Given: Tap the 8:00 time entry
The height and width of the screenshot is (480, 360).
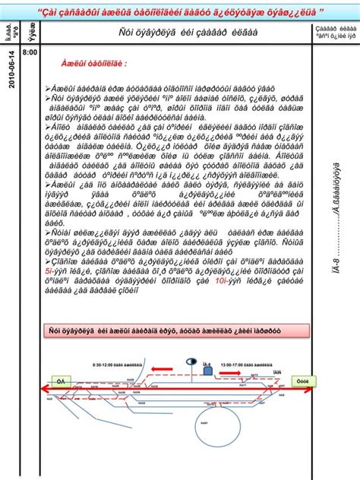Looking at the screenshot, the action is [30, 52].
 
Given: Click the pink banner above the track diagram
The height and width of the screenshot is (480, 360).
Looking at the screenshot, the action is [178, 331].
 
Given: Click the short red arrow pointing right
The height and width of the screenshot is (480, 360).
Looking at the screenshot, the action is [232, 373].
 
